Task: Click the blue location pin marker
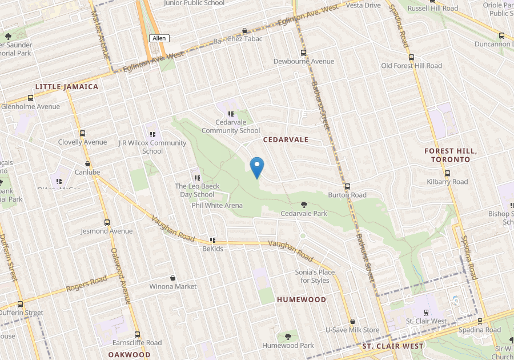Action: (257, 167)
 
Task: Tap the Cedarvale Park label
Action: (304, 214)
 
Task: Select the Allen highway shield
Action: (159, 38)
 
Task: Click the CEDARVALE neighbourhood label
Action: (286, 139)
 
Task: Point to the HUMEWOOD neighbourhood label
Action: (302, 299)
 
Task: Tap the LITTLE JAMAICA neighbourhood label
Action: (66, 87)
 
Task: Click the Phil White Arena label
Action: (217, 206)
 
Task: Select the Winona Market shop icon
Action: (172, 277)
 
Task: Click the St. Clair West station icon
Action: (426, 312)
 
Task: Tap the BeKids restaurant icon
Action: (212, 240)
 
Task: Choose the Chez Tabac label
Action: (244, 39)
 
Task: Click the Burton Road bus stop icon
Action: (347, 186)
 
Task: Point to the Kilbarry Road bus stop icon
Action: (447, 173)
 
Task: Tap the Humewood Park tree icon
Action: (288, 337)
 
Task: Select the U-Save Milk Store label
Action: (352, 330)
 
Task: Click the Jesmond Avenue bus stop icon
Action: (107, 222)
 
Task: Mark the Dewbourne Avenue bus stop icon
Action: (303, 53)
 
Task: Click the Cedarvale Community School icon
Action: (231, 114)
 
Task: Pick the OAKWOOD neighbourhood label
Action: (129, 354)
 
